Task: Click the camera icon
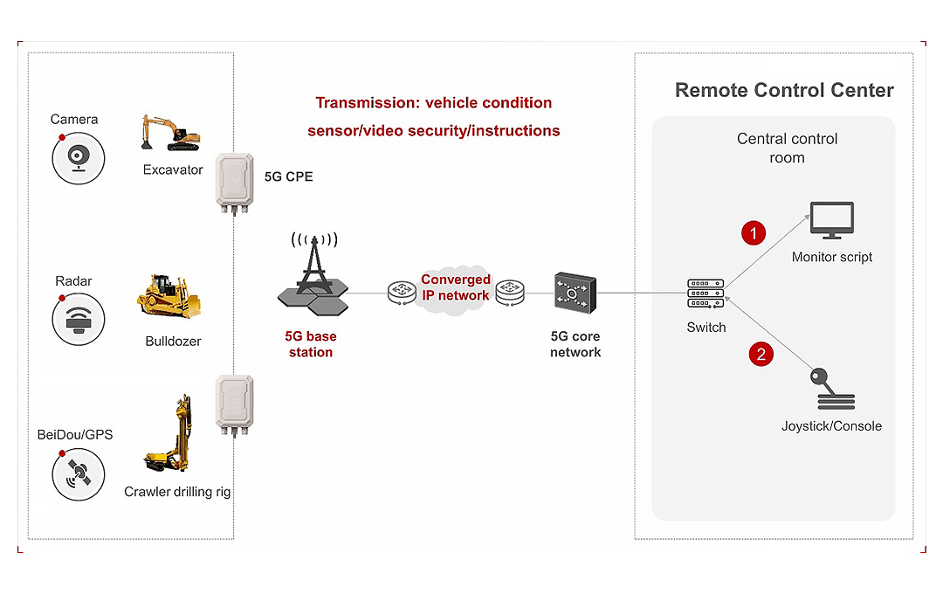79,158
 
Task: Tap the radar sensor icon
79,320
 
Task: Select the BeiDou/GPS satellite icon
79,475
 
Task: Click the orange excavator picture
171,132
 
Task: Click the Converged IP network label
455,287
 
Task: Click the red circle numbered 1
753,232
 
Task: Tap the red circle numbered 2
761,354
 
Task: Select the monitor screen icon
831,221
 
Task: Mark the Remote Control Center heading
784,90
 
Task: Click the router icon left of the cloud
403,292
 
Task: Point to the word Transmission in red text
365,103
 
